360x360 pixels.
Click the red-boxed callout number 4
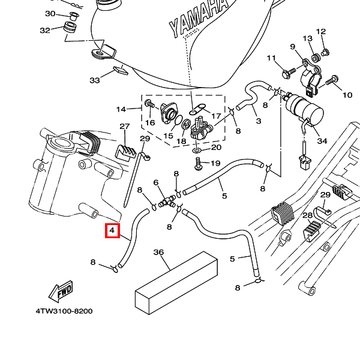click(x=112, y=230)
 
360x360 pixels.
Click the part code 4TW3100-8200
click(x=64, y=311)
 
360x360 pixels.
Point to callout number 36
click(x=158, y=253)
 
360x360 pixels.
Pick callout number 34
click(x=322, y=141)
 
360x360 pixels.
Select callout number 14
click(x=121, y=109)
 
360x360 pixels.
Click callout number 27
click(x=124, y=127)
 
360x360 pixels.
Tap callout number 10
click(x=347, y=95)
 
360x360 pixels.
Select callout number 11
click(x=271, y=58)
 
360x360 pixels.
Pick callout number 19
click(x=215, y=163)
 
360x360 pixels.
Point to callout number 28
click(x=307, y=215)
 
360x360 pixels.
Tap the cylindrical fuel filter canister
click(x=302, y=108)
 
